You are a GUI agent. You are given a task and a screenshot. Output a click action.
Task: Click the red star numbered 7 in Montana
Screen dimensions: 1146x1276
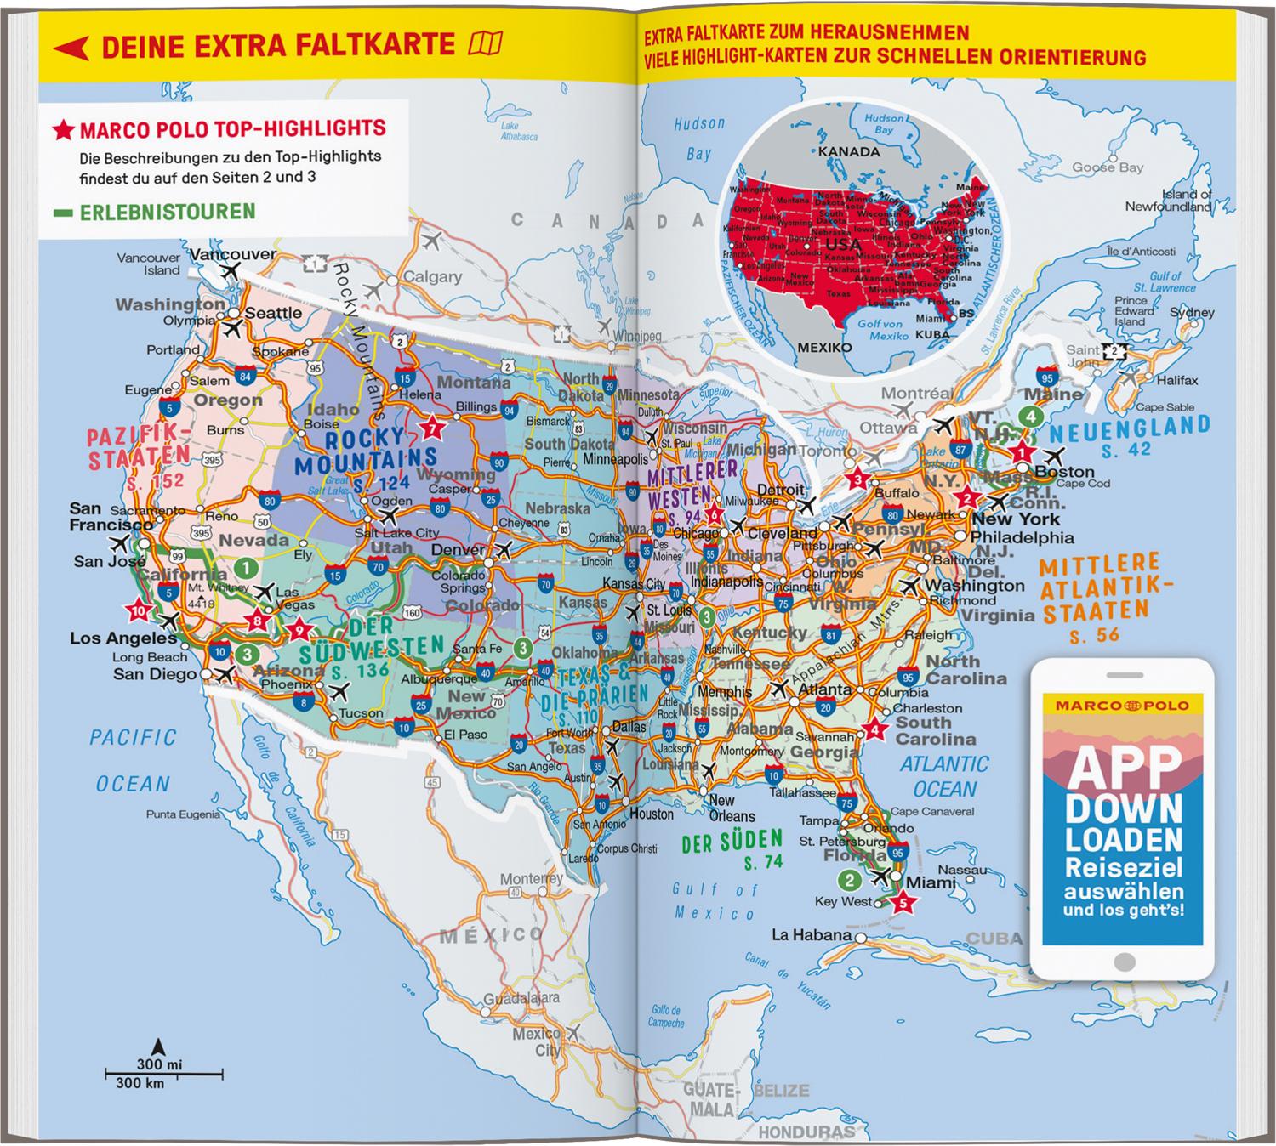click(432, 428)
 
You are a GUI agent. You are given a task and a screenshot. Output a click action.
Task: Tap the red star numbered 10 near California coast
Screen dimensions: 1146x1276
click(138, 610)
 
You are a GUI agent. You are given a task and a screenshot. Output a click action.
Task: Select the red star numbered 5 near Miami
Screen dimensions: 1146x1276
click(903, 904)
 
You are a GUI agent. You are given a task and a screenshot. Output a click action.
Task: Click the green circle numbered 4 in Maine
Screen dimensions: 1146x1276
click(1030, 417)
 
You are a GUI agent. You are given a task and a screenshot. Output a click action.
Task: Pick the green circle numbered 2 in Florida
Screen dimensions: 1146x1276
click(849, 879)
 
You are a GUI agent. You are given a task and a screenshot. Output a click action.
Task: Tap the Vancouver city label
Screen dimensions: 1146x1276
click(232, 254)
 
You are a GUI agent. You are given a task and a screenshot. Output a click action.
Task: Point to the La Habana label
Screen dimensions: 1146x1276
click(811, 935)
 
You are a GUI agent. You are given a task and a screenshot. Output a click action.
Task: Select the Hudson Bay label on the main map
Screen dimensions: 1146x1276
click(699, 139)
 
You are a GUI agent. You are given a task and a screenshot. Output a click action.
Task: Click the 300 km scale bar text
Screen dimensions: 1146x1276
click(140, 1083)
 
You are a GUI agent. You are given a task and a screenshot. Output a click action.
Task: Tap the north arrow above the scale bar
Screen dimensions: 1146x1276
click(157, 1046)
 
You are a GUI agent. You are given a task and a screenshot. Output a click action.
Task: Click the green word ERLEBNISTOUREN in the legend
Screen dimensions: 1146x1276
click(168, 212)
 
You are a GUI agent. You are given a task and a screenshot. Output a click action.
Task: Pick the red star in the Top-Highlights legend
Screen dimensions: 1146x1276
click(63, 130)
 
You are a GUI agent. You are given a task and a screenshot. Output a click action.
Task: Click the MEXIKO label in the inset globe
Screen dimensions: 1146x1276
click(823, 348)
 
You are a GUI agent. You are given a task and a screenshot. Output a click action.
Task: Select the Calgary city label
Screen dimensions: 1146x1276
click(432, 277)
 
